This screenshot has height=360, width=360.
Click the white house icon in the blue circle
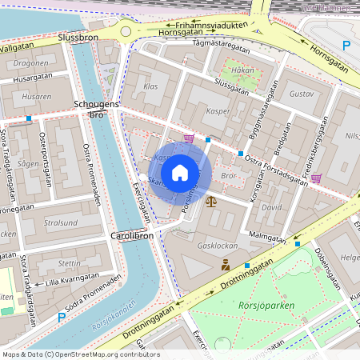(x=180, y=172)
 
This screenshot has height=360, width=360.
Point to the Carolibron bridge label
(x=131, y=238)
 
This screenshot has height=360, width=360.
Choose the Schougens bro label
(x=96, y=110)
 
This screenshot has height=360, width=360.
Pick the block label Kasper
(x=218, y=111)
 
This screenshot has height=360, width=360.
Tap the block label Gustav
(x=301, y=94)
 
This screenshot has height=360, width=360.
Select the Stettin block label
(x=70, y=262)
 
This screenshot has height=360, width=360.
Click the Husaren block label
(x=36, y=97)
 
